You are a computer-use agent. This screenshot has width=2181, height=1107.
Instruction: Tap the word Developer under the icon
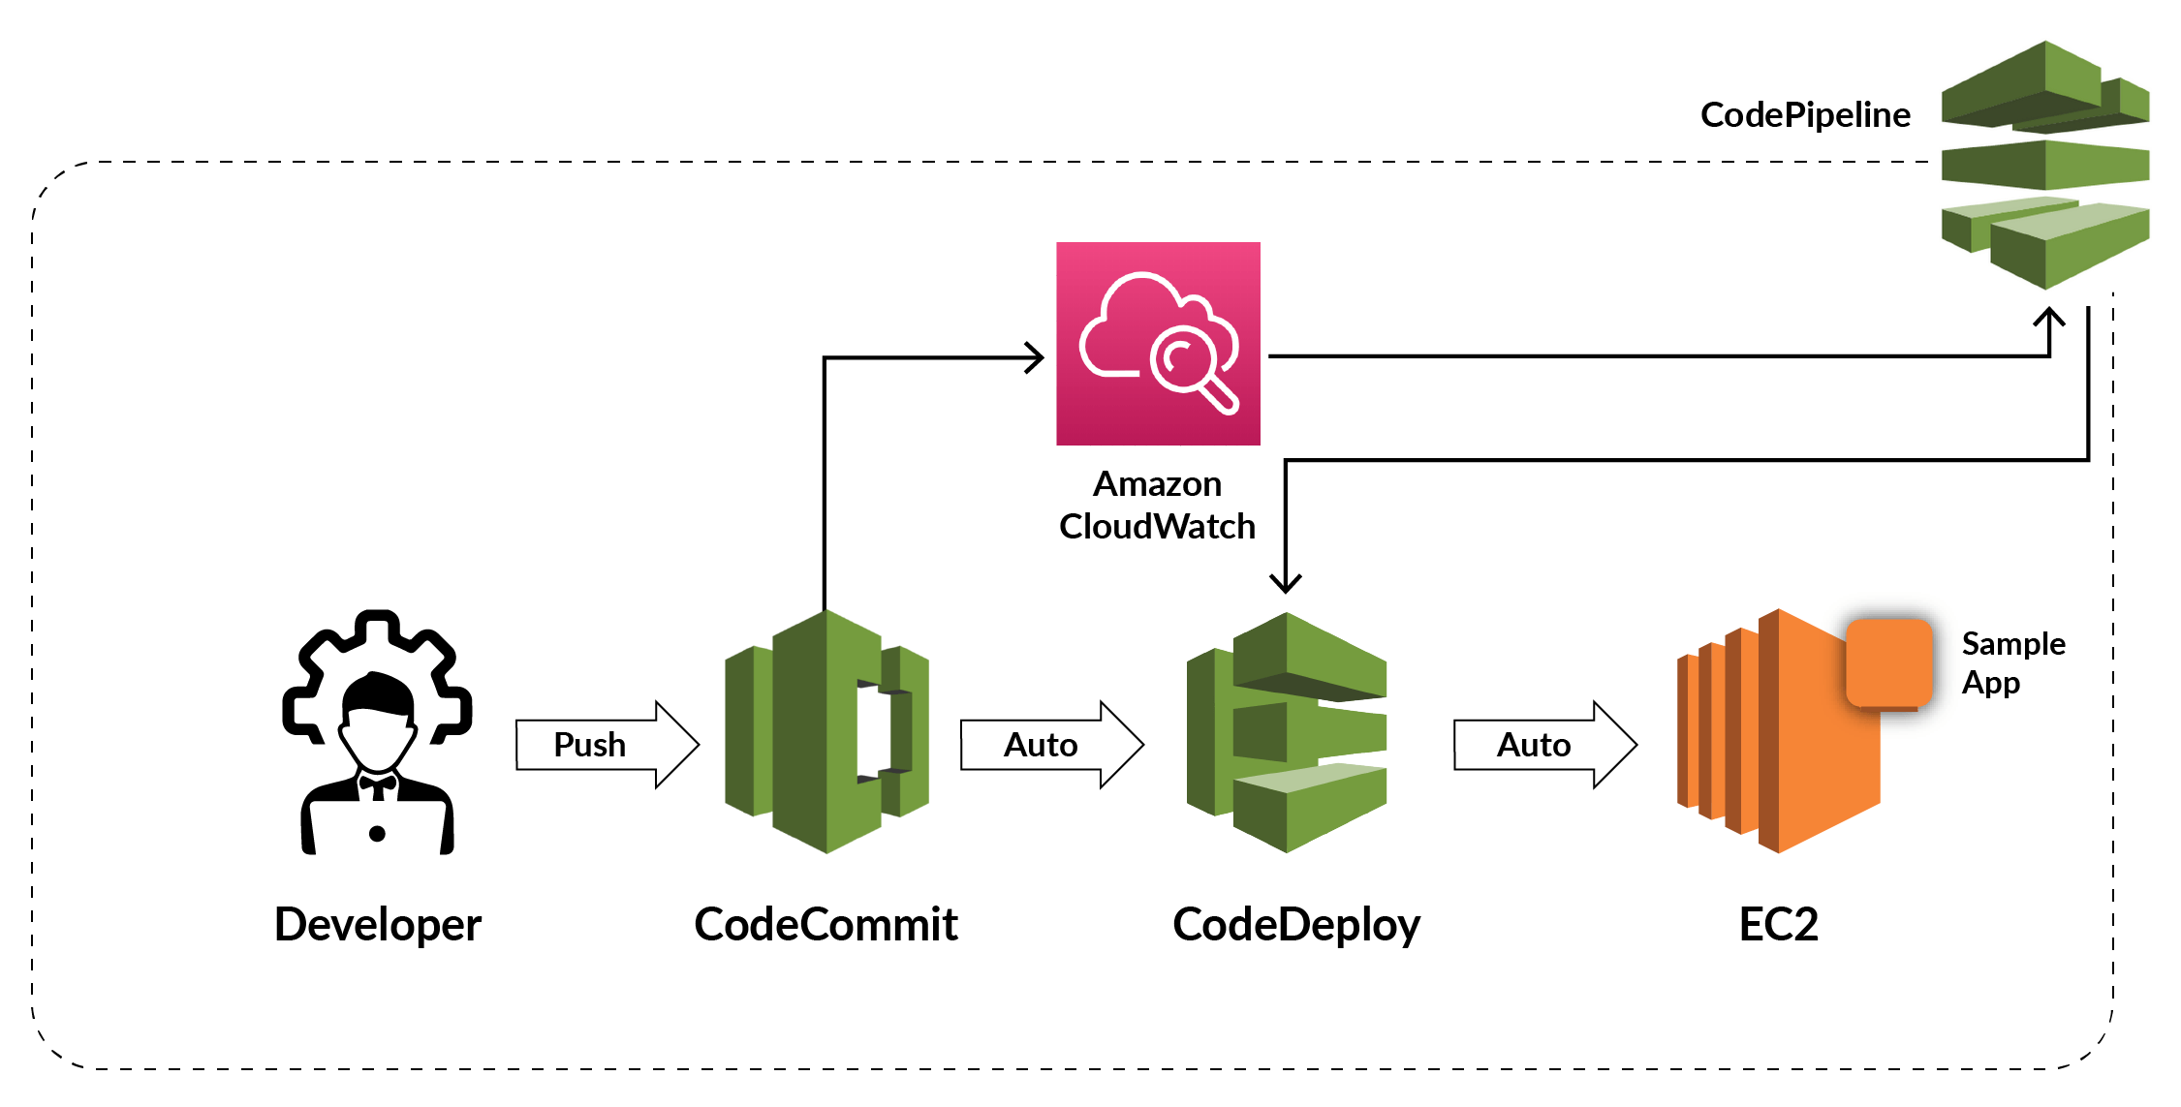pyautogui.click(x=377, y=924)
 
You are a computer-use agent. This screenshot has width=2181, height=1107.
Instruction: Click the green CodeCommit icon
pyautogui.click(x=826, y=732)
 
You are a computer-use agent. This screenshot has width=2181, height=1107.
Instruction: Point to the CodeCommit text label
pyautogui.click(x=826, y=924)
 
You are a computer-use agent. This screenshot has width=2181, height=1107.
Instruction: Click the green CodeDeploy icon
pyautogui.click(x=1287, y=732)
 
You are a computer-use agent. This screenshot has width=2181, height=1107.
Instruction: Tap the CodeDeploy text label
pyautogui.click(x=1295, y=924)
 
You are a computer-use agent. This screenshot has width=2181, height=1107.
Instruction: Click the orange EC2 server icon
pyautogui.click(x=1778, y=736)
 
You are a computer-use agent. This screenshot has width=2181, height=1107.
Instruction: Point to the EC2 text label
pyautogui.click(x=1778, y=924)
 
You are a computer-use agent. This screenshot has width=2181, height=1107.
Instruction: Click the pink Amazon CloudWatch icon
pyautogui.click(x=1158, y=344)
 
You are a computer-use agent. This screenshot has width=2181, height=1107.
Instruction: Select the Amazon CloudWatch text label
pyautogui.click(x=1157, y=506)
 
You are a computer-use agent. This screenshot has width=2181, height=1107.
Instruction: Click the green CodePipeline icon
pyautogui.click(x=2045, y=165)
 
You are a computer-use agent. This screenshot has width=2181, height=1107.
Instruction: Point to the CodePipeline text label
pyautogui.click(x=1805, y=115)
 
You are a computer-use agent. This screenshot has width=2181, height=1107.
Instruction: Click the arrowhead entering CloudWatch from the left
pyautogui.click(x=1036, y=357)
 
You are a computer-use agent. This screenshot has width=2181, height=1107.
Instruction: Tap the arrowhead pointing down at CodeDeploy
pyautogui.click(x=1286, y=582)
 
